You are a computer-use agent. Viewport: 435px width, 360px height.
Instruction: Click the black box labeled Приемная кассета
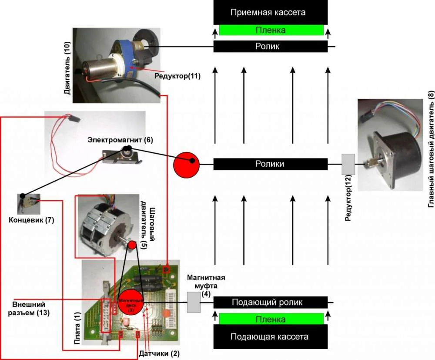click(x=270, y=12)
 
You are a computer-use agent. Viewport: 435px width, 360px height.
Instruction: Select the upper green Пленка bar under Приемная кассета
click(x=271, y=30)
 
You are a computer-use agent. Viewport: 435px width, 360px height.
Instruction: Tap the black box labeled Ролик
click(x=270, y=47)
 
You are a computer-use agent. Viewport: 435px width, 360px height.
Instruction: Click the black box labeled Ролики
click(x=270, y=164)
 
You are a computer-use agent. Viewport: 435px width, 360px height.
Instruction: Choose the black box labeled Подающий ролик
click(x=270, y=302)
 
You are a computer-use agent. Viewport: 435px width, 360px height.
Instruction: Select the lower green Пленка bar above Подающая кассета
click(x=271, y=319)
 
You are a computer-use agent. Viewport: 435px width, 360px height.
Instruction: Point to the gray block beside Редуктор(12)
click(x=348, y=164)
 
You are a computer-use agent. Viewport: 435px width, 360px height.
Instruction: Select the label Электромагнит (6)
click(x=120, y=140)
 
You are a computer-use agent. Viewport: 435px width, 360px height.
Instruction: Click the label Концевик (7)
click(x=31, y=220)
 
